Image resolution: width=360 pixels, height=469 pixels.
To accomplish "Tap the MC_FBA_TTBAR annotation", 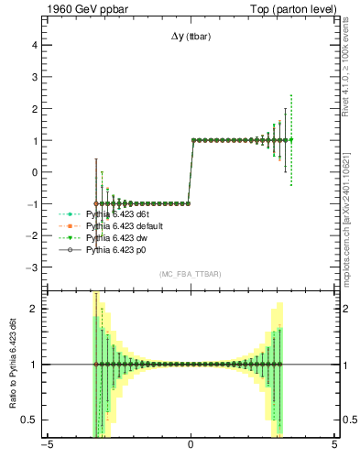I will pos(190,274).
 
